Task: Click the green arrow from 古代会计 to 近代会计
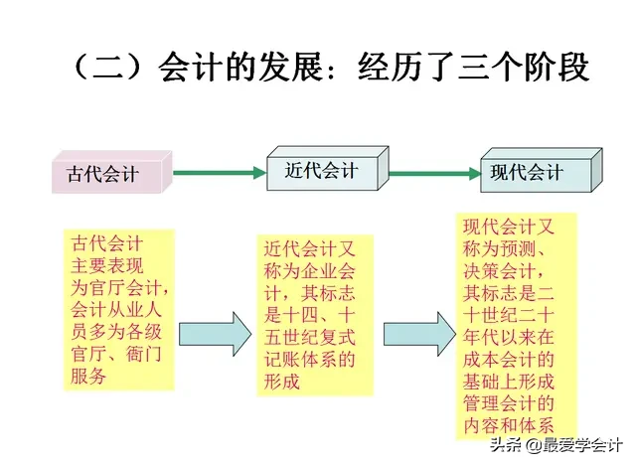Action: (218, 173)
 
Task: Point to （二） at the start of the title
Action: (110, 69)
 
